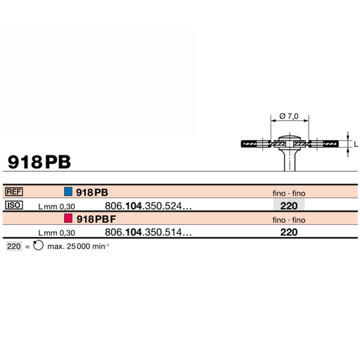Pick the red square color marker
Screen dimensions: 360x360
click(67, 219)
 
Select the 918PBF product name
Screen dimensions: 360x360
click(96, 219)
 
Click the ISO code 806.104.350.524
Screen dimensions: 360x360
click(147, 206)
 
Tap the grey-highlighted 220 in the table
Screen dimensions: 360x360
click(288, 206)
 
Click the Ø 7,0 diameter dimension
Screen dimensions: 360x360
click(288, 115)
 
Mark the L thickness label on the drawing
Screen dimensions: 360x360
click(355, 143)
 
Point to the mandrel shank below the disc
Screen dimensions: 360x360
click(289, 161)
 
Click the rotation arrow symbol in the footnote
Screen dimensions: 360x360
click(38, 247)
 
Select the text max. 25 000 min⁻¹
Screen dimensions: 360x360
click(79, 247)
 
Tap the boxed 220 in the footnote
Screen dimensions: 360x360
click(13, 247)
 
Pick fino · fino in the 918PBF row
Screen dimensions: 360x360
click(288, 219)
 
